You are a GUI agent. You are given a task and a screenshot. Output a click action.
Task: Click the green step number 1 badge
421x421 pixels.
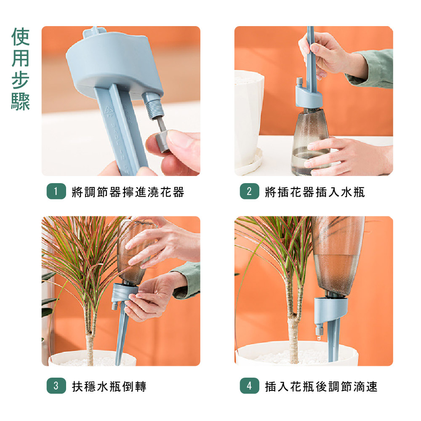coord(56,191)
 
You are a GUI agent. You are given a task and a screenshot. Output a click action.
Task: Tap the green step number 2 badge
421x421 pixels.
coord(249,191)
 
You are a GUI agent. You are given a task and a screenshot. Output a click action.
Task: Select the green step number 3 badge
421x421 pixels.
coord(56,386)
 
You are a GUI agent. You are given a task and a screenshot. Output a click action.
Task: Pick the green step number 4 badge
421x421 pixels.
coord(249,386)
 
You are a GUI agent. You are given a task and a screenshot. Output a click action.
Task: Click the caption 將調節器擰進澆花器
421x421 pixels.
coord(128,192)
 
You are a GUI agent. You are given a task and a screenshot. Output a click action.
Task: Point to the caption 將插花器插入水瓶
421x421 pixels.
coord(315,192)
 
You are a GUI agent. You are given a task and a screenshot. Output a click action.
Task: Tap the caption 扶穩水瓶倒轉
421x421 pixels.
coord(109,386)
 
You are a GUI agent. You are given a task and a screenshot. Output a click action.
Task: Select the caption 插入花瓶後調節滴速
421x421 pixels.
coord(321,386)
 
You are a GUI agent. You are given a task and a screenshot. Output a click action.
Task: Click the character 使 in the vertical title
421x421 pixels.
coord(20,37)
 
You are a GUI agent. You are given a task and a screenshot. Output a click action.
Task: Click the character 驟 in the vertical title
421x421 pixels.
coord(20,102)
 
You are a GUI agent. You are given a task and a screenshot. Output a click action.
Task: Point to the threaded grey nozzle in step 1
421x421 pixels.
coord(153,105)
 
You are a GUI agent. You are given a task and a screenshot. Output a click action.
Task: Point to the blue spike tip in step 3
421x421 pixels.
coord(117,363)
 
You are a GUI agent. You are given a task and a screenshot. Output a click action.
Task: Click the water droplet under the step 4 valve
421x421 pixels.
coord(319,338)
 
